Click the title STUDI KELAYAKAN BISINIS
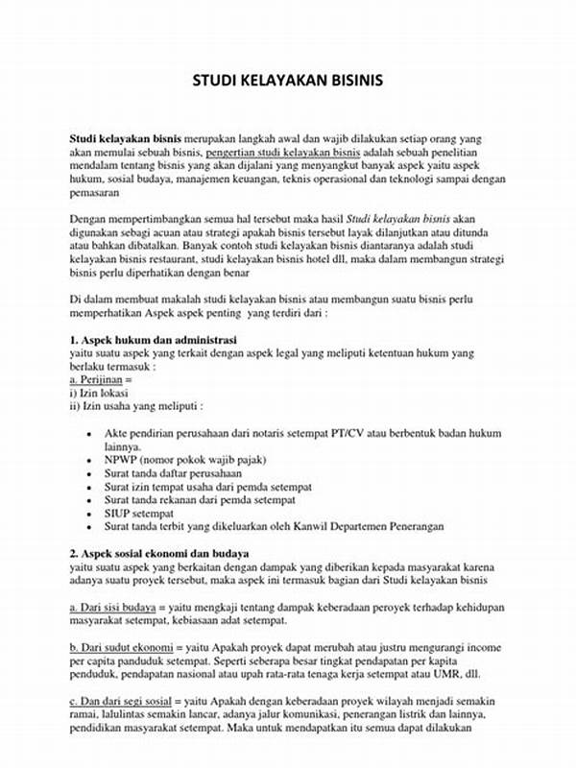pos(287,80)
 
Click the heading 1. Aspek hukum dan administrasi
pos(154,341)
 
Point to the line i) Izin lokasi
pos(99,393)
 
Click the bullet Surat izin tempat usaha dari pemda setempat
pos(201,487)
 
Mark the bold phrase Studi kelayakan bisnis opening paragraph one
pos(126,139)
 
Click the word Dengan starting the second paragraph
pos(89,218)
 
